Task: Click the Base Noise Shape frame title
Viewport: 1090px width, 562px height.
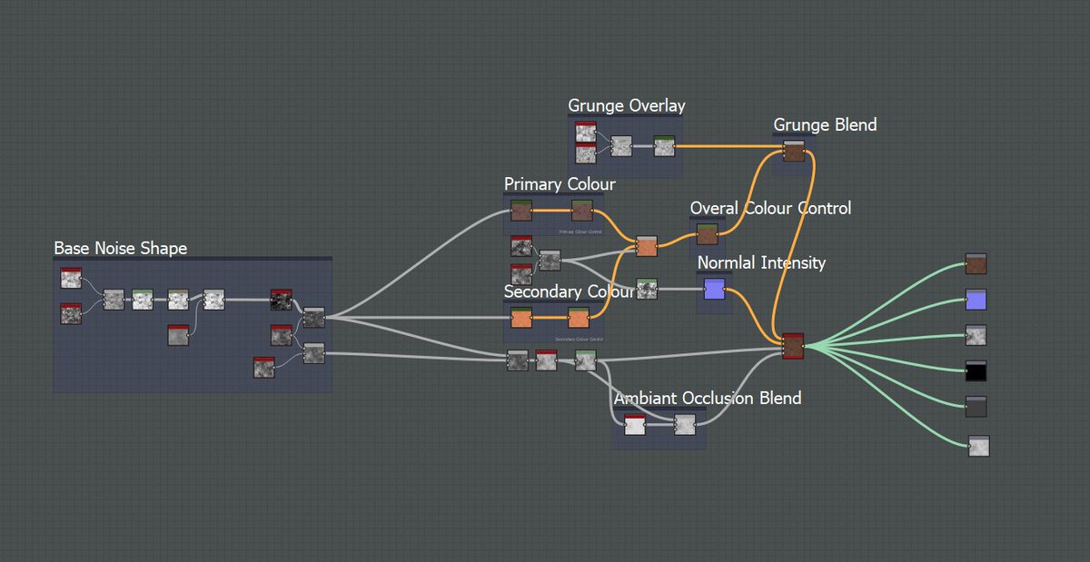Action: click(x=121, y=248)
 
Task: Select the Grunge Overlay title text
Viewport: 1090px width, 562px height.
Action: click(x=627, y=105)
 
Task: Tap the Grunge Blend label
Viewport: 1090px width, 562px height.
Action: click(x=825, y=124)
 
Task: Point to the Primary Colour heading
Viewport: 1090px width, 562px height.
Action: click(x=560, y=184)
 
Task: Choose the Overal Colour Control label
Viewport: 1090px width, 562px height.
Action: click(x=770, y=208)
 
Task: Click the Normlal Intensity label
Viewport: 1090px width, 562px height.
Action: click(x=761, y=262)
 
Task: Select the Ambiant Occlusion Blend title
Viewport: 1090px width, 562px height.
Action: click(x=708, y=398)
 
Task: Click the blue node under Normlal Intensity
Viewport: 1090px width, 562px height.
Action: click(x=714, y=290)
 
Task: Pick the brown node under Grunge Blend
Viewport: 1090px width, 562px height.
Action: click(x=794, y=152)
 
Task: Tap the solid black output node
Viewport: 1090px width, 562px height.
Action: click(x=976, y=370)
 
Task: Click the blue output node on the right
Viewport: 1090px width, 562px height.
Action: click(x=976, y=300)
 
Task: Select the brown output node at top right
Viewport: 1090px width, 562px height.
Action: click(x=976, y=263)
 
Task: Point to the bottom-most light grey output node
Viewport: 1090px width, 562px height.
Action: click(x=978, y=446)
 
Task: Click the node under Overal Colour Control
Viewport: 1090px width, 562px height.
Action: click(x=707, y=235)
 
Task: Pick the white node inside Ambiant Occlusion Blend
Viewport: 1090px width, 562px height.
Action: click(x=635, y=425)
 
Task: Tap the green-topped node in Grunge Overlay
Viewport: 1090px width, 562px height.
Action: click(x=665, y=145)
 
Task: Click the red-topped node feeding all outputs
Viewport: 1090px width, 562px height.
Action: click(x=793, y=346)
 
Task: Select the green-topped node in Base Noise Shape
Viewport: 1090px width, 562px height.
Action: click(x=143, y=300)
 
